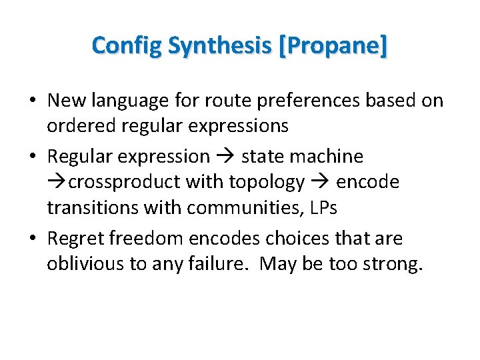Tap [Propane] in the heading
point(334,46)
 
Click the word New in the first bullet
point(66,101)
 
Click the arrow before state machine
point(225,157)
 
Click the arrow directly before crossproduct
point(56,181)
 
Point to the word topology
point(267,181)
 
